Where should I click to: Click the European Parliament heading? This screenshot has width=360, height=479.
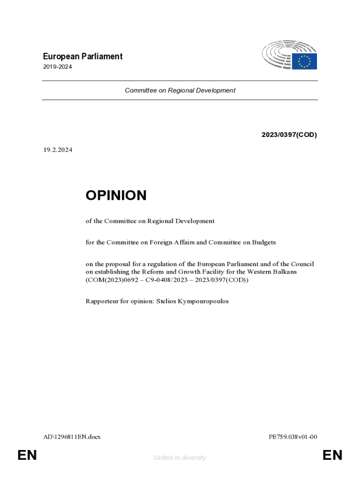coord(82,57)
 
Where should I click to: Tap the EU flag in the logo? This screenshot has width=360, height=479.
coord(304,61)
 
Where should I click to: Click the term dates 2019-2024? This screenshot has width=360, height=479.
coord(57,67)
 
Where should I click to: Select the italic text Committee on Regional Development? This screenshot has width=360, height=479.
coord(180,90)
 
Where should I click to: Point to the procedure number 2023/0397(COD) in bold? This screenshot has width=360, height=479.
coord(289,135)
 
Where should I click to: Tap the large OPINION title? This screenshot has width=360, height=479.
coord(116,196)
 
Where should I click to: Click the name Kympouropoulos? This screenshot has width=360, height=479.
coord(203,301)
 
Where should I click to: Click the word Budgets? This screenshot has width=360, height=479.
coord(264,242)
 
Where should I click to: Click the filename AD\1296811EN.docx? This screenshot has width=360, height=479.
coord(72,437)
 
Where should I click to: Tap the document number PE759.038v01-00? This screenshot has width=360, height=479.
coord(293,437)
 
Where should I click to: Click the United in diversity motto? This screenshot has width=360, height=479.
coord(180,457)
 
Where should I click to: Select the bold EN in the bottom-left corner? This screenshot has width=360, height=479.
coord(27,455)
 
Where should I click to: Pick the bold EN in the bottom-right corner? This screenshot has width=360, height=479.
coord(332,455)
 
